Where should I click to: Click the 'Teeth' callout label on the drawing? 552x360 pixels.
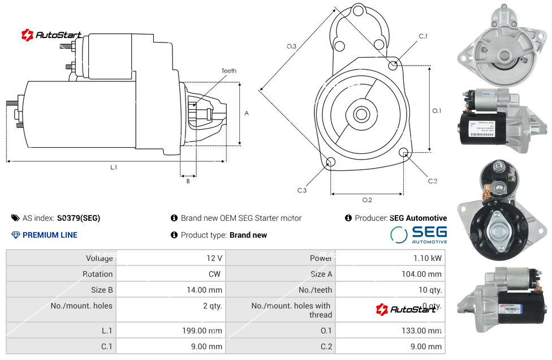point(228,71)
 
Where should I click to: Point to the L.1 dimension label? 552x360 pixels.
point(114,168)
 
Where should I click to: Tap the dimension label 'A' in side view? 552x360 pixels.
point(247,113)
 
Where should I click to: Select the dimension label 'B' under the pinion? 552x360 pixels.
point(188,181)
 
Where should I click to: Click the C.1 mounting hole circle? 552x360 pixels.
point(393,66)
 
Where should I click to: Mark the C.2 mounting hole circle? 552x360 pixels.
point(404,152)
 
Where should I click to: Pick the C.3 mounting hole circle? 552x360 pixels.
point(331,163)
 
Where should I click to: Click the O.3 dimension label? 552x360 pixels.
point(291,46)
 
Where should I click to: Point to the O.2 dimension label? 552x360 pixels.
point(366,200)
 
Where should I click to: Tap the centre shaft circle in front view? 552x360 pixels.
point(361,114)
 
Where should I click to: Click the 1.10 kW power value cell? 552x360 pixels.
point(390,258)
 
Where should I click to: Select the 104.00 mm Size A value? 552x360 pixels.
point(390,274)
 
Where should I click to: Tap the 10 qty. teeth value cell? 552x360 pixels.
point(390,290)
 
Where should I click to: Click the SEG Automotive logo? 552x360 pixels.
point(419,234)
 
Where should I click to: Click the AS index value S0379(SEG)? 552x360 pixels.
point(78,218)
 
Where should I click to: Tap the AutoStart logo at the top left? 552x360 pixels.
point(51,35)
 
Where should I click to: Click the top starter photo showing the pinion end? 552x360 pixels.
point(503,45)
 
